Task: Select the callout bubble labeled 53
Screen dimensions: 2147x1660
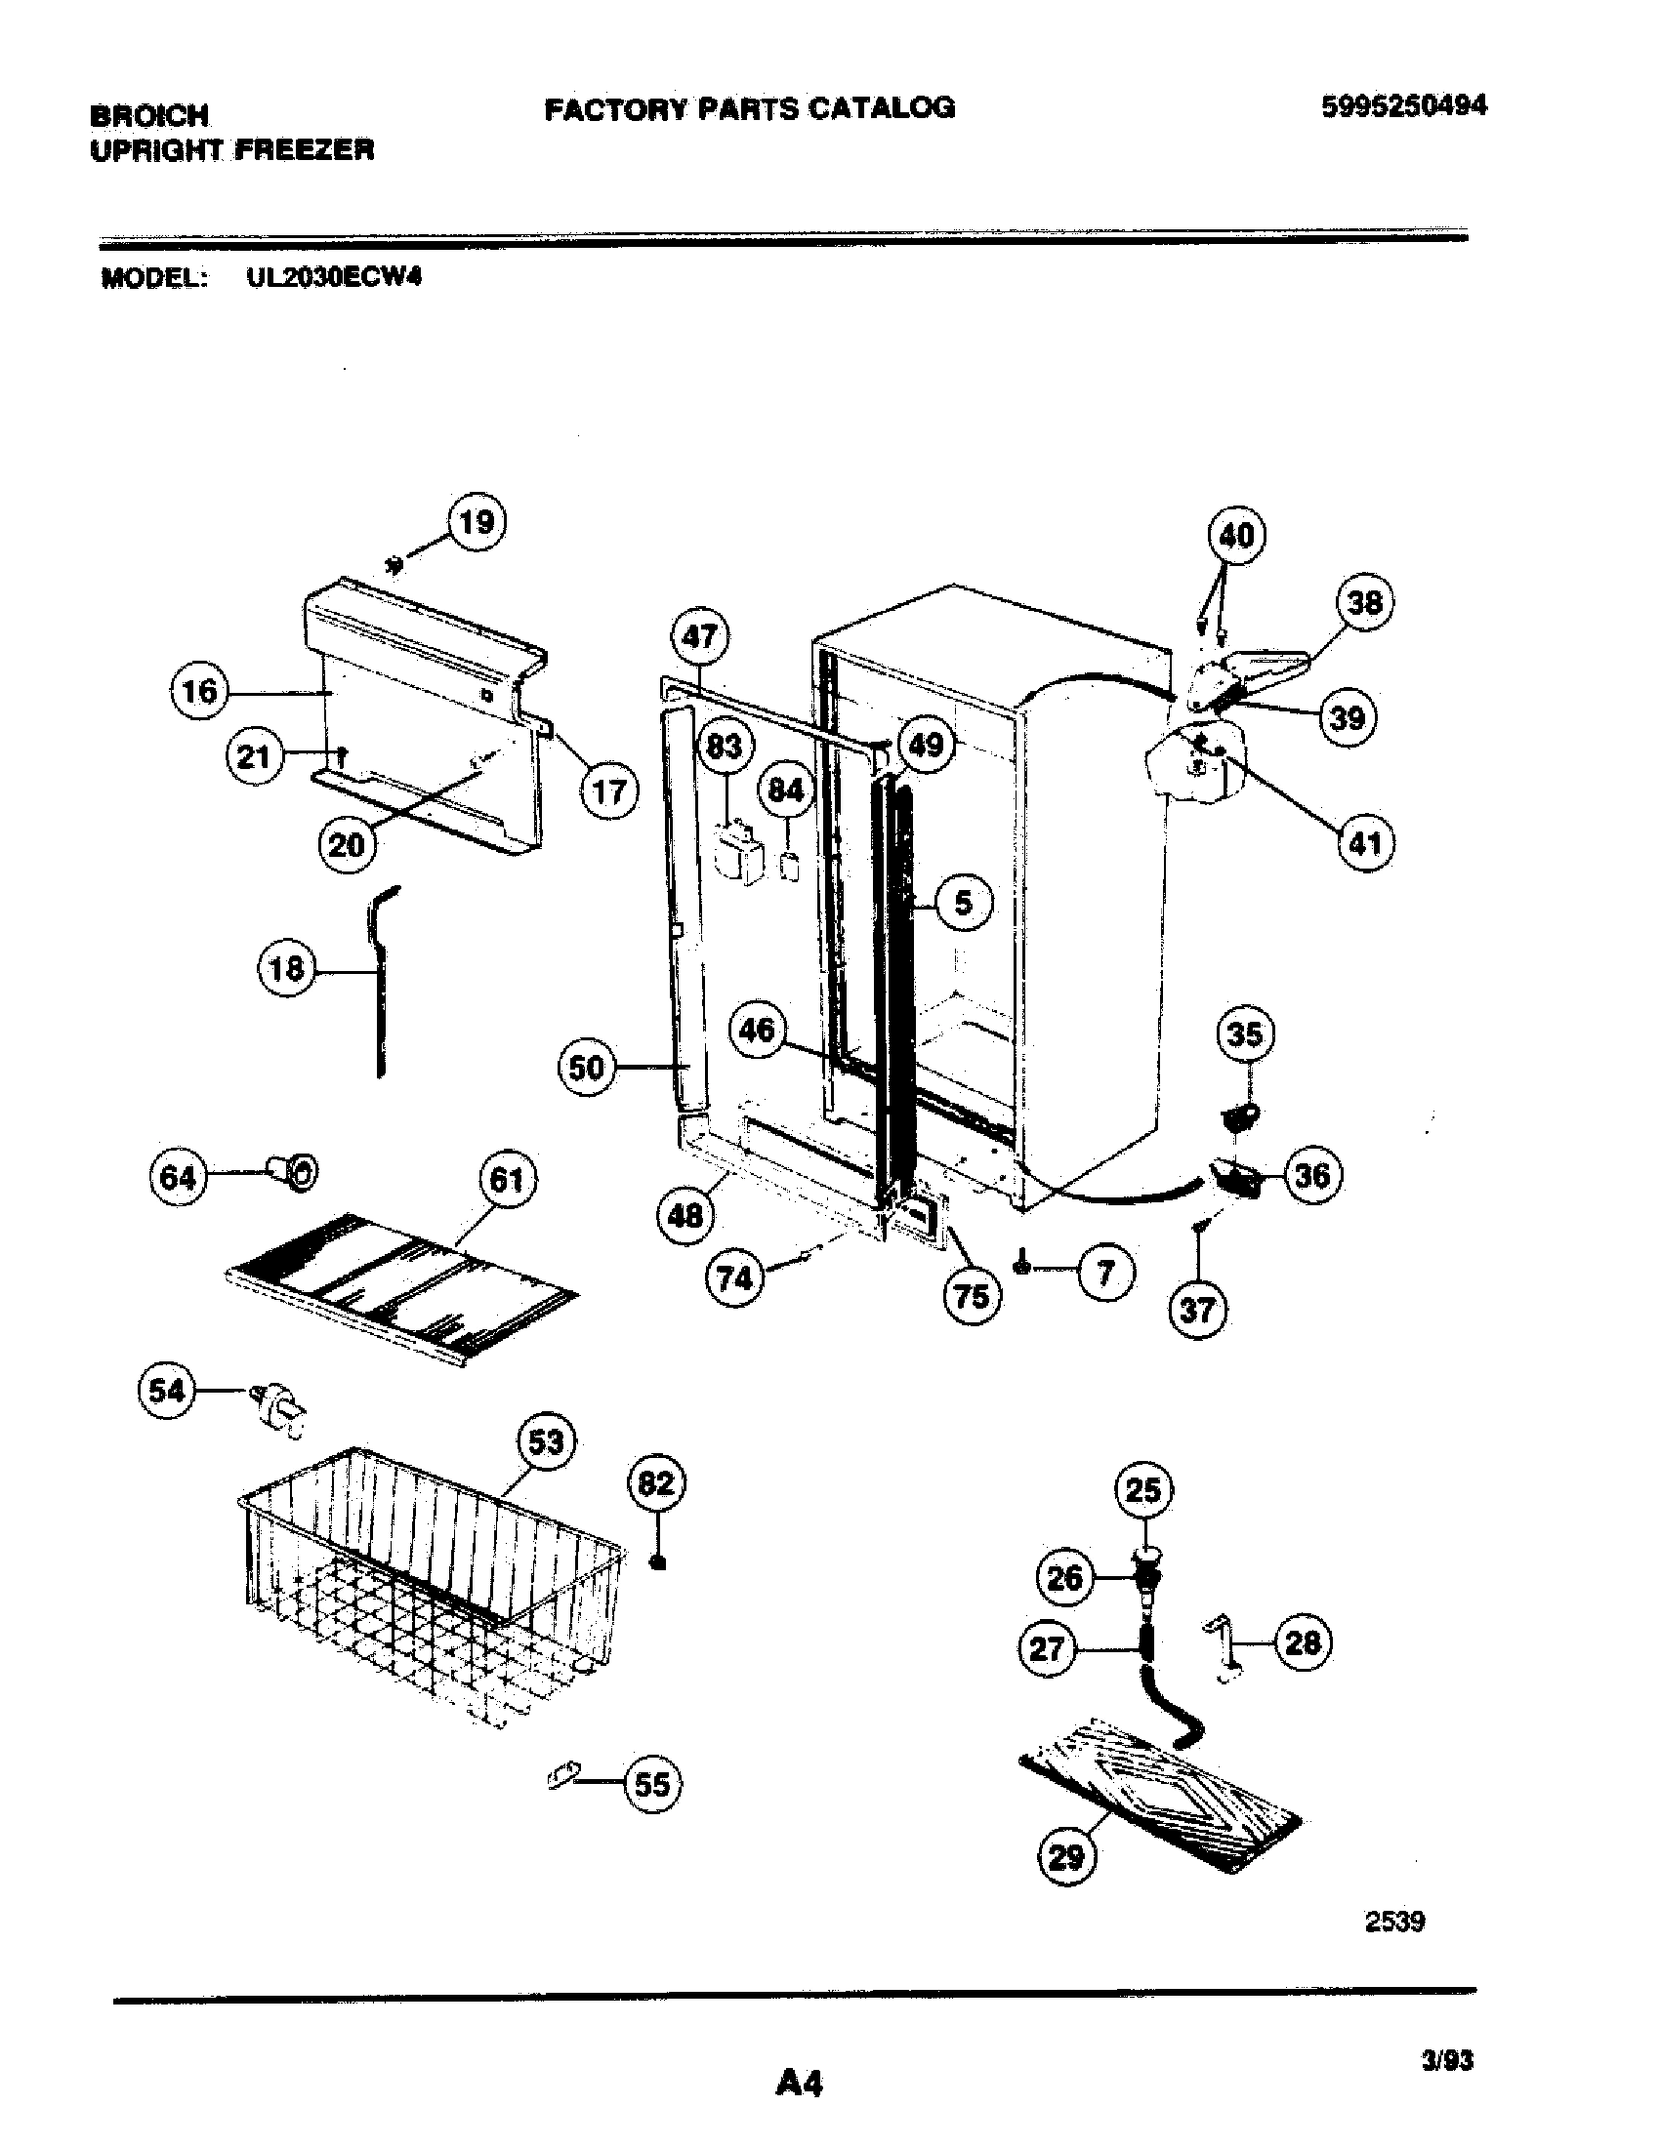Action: pyautogui.click(x=546, y=1442)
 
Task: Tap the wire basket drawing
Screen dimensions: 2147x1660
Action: pyautogui.click(x=433, y=1583)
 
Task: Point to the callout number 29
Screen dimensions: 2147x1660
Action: pyautogui.click(x=1067, y=1856)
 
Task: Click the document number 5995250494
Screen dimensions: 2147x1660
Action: pyautogui.click(x=1403, y=105)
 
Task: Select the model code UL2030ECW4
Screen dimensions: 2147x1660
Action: pyautogui.click(x=333, y=277)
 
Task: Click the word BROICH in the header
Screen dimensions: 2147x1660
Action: pyautogui.click(x=149, y=116)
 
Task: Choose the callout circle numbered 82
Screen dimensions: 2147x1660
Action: pyautogui.click(x=656, y=1482)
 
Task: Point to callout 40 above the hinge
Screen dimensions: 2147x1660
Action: pyautogui.click(x=1236, y=535)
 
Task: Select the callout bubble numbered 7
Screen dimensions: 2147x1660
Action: pyautogui.click(x=1105, y=1273)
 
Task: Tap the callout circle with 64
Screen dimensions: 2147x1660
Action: pyautogui.click(x=178, y=1177)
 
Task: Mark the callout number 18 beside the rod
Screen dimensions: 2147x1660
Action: pyautogui.click(x=286, y=970)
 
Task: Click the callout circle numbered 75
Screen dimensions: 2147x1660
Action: pyautogui.click(x=972, y=1297)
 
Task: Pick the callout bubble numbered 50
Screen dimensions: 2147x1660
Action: pyautogui.click(x=587, y=1067)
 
